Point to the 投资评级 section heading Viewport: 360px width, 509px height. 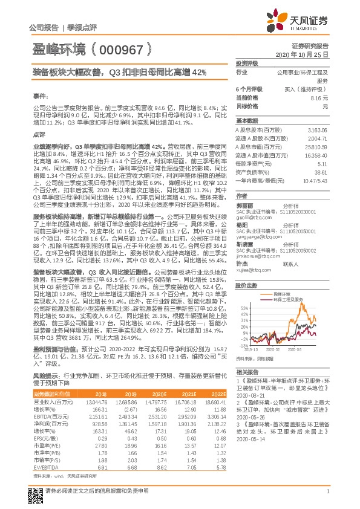(247, 63)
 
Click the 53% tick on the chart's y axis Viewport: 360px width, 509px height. (243, 308)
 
